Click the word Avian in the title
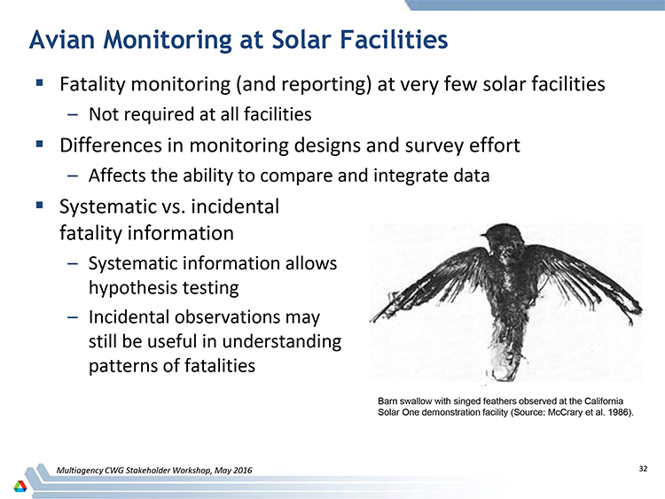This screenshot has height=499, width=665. pyautogui.click(x=62, y=39)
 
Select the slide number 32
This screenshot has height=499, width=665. pyautogui.click(x=643, y=469)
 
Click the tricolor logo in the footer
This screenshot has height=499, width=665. pyautogui.click(x=20, y=486)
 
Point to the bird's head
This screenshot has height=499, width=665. pyautogui.click(x=503, y=234)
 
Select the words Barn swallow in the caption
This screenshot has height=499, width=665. pyautogui.click(x=404, y=402)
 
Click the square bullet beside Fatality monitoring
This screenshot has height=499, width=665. pyautogui.click(x=40, y=82)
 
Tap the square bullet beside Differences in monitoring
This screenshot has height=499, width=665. pyautogui.click(x=40, y=144)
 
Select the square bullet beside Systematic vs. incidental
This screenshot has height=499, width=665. pyautogui.click(x=40, y=206)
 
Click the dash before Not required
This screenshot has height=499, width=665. pyautogui.click(x=73, y=114)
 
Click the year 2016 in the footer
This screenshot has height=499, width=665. pyautogui.click(x=244, y=470)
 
